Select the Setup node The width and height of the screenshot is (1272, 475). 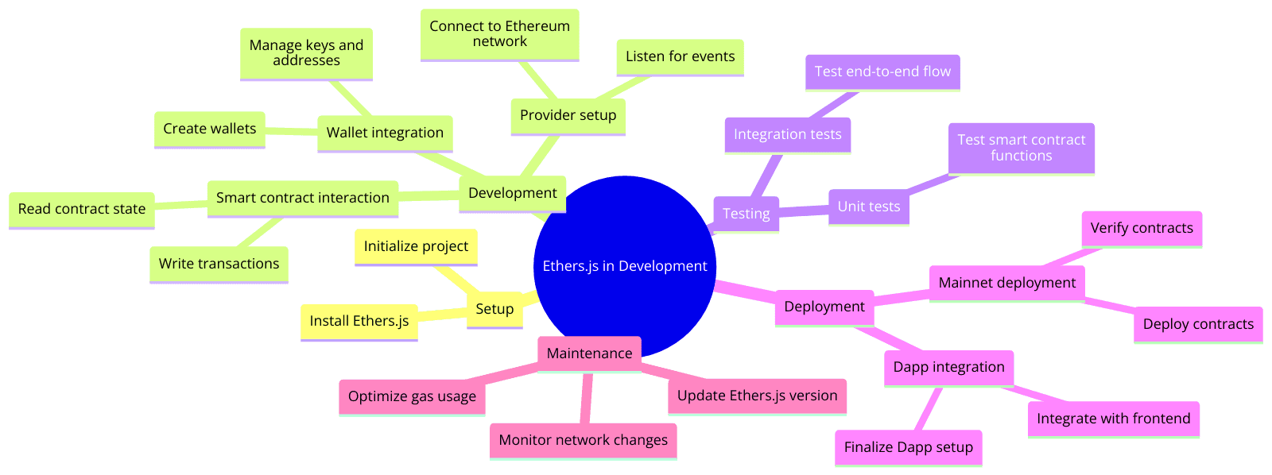pos(494,309)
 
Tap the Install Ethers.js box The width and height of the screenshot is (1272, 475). pos(359,321)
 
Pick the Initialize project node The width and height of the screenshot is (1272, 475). pos(416,246)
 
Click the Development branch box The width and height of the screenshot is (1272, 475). pos(512,193)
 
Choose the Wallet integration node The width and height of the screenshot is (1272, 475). pos(385,133)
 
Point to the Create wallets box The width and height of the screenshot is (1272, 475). pos(209,129)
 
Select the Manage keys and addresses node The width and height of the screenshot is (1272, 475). pos(306,53)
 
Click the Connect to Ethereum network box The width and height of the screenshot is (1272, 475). pos(499,34)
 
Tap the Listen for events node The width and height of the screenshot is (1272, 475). pos(680,56)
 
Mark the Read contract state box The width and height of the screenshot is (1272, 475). pos(82,209)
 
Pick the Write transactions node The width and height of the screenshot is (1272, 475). pos(219,264)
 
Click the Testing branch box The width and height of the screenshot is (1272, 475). pos(746,214)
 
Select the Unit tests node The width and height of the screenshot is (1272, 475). pos(868,207)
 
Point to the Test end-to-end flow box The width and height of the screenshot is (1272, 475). pos(882,71)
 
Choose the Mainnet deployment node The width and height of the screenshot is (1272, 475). pos(1006,283)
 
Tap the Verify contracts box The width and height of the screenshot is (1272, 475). pos(1142,229)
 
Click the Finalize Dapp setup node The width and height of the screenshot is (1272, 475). pos(908,447)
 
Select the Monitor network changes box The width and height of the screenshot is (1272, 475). pos(583,440)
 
